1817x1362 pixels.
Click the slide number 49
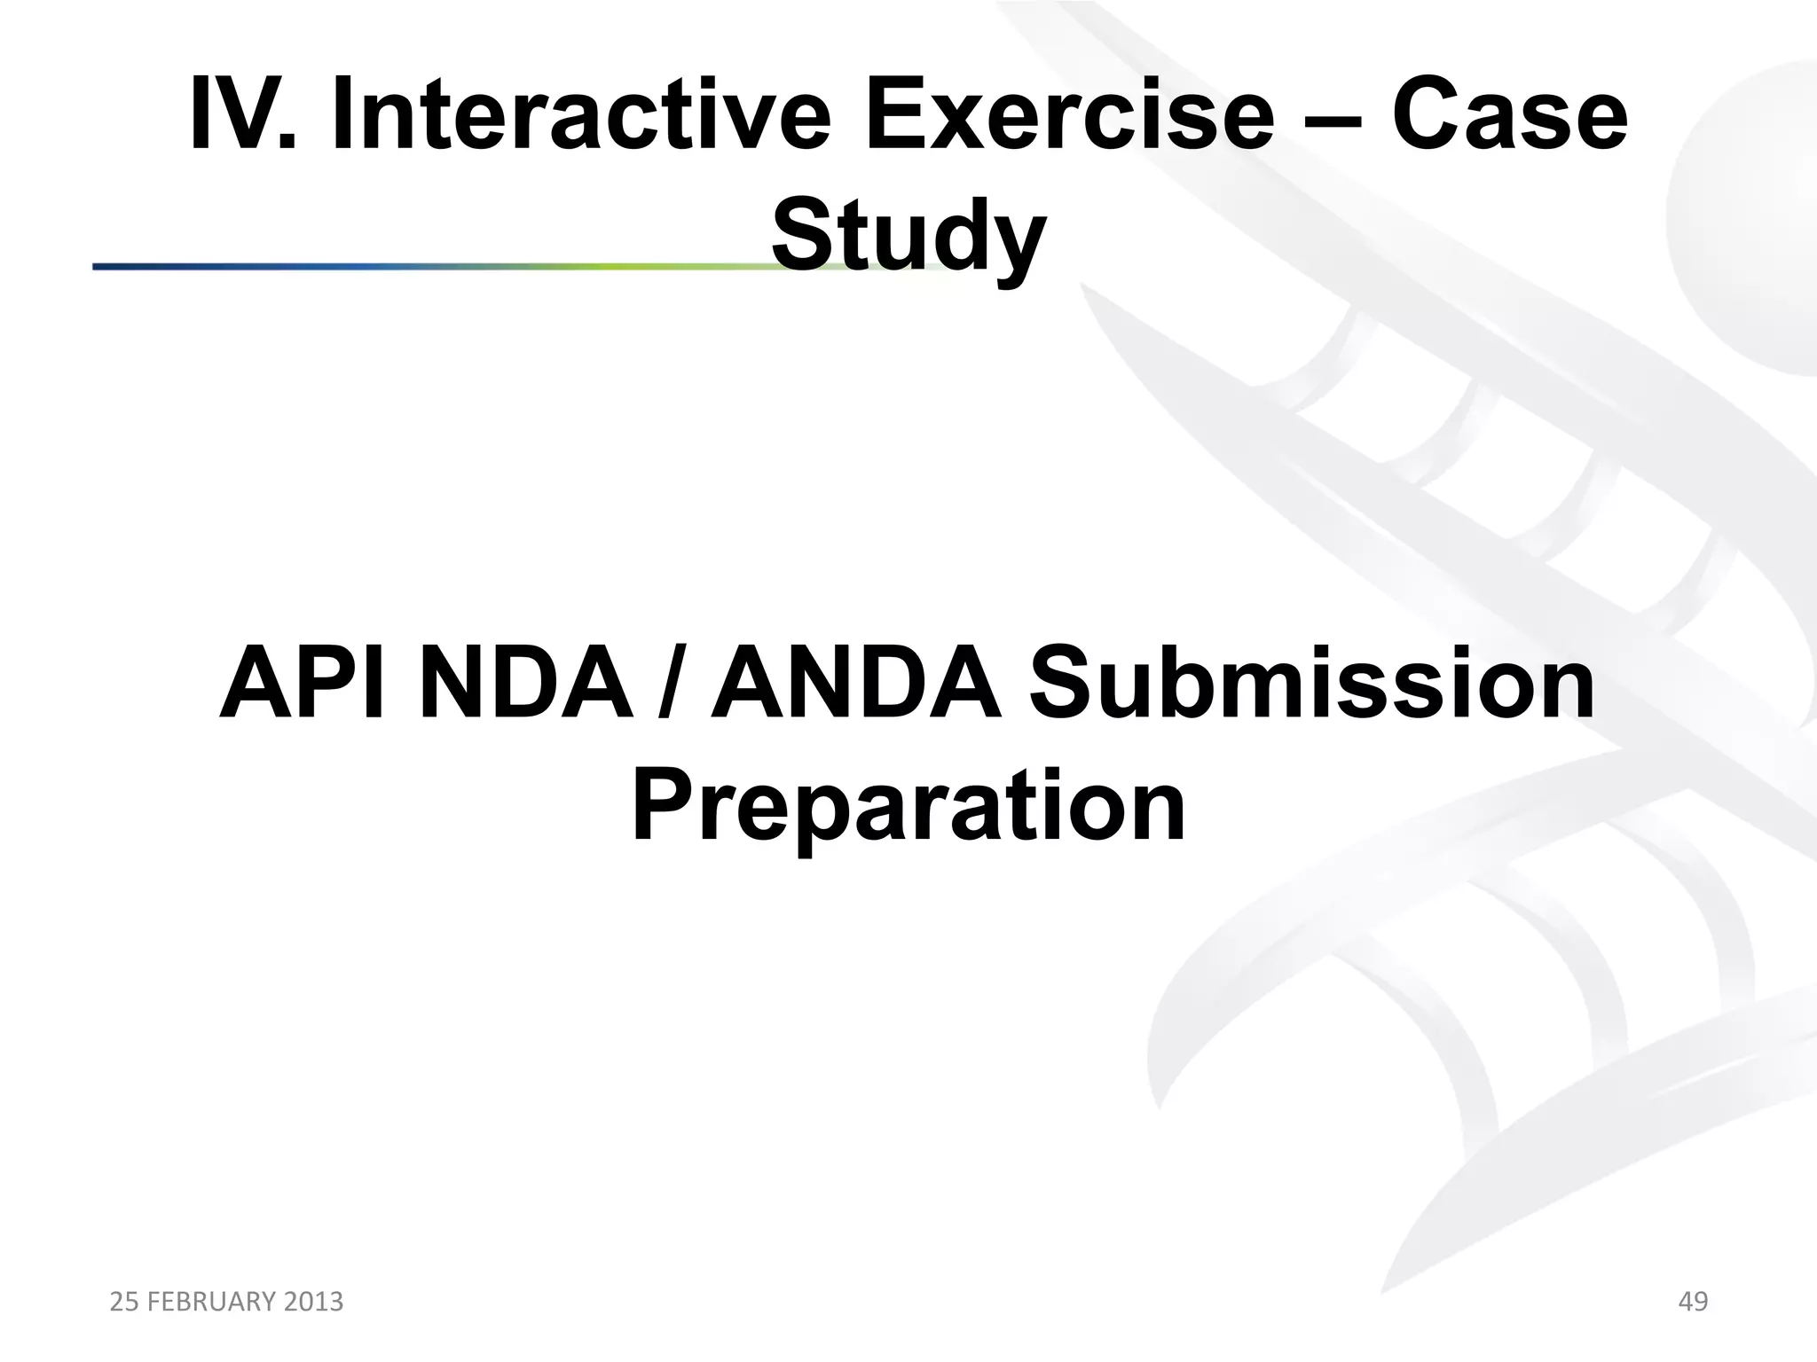pyautogui.click(x=1693, y=1302)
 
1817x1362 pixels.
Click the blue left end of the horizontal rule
pyautogui.click(x=115, y=266)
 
